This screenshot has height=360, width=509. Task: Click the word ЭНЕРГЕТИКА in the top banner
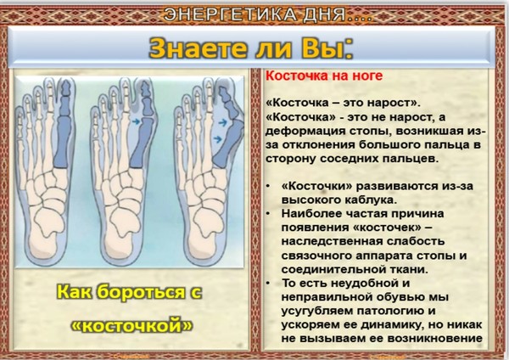230,15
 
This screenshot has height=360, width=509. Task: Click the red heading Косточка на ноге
324,76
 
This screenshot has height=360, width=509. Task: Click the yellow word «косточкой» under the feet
131,325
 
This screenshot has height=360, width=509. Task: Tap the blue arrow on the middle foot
136,122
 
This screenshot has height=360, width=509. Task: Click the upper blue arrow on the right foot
222,122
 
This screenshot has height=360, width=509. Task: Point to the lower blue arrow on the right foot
217,139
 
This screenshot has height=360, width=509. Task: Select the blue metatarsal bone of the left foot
62,142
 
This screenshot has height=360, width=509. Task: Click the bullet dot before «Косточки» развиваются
268,186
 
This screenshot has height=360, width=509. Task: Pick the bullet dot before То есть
268,283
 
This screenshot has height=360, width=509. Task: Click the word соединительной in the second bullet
332,269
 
